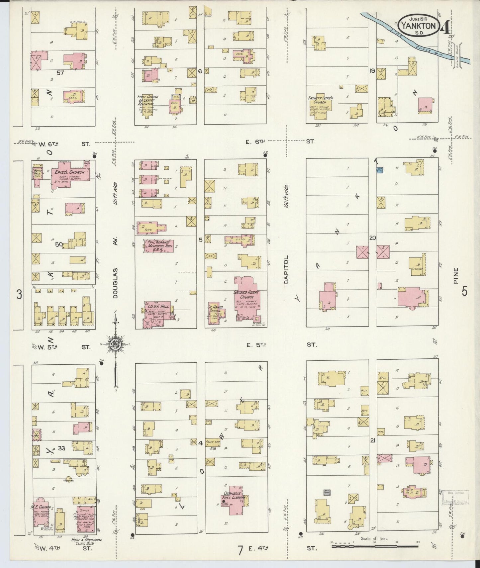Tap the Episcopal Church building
tap(69, 174)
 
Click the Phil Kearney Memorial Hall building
tap(158, 246)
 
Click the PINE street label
tap(455, 276)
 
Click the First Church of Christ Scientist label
tap(148, 100)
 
